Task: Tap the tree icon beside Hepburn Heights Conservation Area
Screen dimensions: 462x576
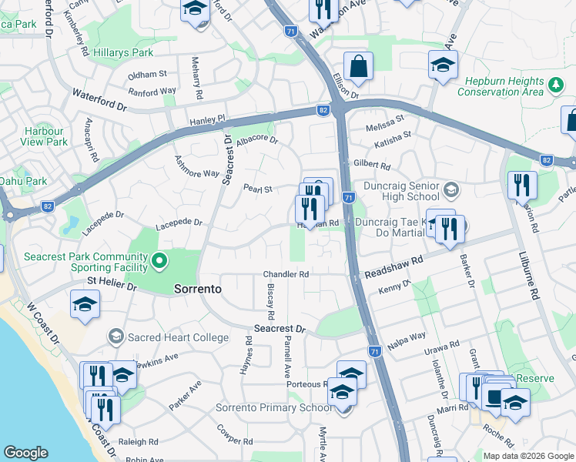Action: click(554, 82)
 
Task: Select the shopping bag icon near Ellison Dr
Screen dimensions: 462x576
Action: click(359, 68)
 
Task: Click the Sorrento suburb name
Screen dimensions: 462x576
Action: click(198, 290)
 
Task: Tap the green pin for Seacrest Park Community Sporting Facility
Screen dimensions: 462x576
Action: click(159, 261)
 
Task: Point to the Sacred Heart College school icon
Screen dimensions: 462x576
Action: click(116, 336)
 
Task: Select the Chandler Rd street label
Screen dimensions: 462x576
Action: click(286, 274)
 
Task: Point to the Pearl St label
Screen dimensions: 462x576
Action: click(258, 189)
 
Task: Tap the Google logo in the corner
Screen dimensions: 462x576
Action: click(25, 453)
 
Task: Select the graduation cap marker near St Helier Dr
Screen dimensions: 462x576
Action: click(85, 304)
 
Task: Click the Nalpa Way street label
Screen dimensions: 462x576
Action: click(407, 337)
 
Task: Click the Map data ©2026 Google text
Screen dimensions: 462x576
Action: click(528, 456)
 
